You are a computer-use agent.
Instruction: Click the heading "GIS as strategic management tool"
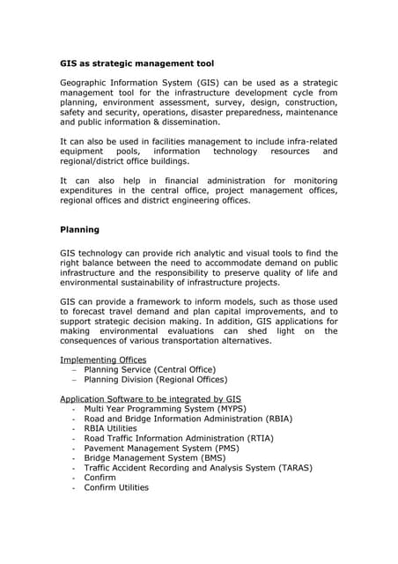pyautogui.click(x=136, y=63)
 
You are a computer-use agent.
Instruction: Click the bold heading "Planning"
pyautogui.click(x=79, y=230)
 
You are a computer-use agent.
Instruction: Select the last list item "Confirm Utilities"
pyautogui.click(x=116, y=487)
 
